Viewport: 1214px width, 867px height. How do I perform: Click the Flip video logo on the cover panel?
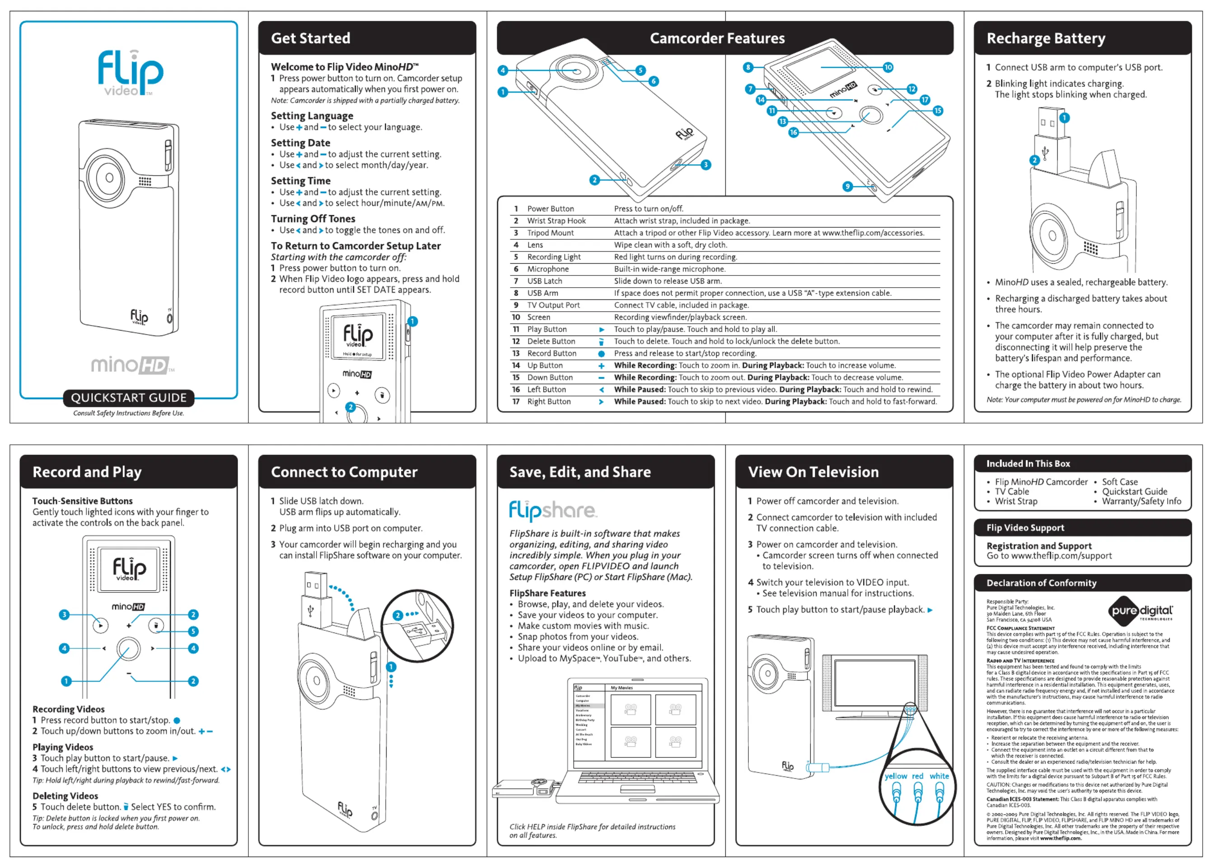point(130,73)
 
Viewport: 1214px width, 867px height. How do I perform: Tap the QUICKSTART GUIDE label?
point(129,398)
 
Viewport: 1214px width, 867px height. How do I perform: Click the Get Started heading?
point(311,38)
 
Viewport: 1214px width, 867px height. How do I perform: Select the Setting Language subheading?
point(312,116)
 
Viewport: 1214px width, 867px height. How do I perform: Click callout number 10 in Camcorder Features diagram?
point(888,67)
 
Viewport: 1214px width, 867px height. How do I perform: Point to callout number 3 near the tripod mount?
point(706,165)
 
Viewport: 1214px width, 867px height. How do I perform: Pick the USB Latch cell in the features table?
point(545,281)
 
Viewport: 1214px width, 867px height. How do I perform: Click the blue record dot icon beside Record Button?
point(601,354)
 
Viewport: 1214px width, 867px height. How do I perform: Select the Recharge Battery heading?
point(1045,38)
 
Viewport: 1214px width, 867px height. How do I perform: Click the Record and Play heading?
point(87,472)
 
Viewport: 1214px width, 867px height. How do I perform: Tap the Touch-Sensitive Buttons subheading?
point(82,501)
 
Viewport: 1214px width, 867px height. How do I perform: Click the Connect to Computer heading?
point(344,472)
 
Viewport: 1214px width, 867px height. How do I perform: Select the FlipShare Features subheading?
point(547,593)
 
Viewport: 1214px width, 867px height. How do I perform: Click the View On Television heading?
point(813,472)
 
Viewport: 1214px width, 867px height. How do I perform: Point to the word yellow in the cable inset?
point(895,776)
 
